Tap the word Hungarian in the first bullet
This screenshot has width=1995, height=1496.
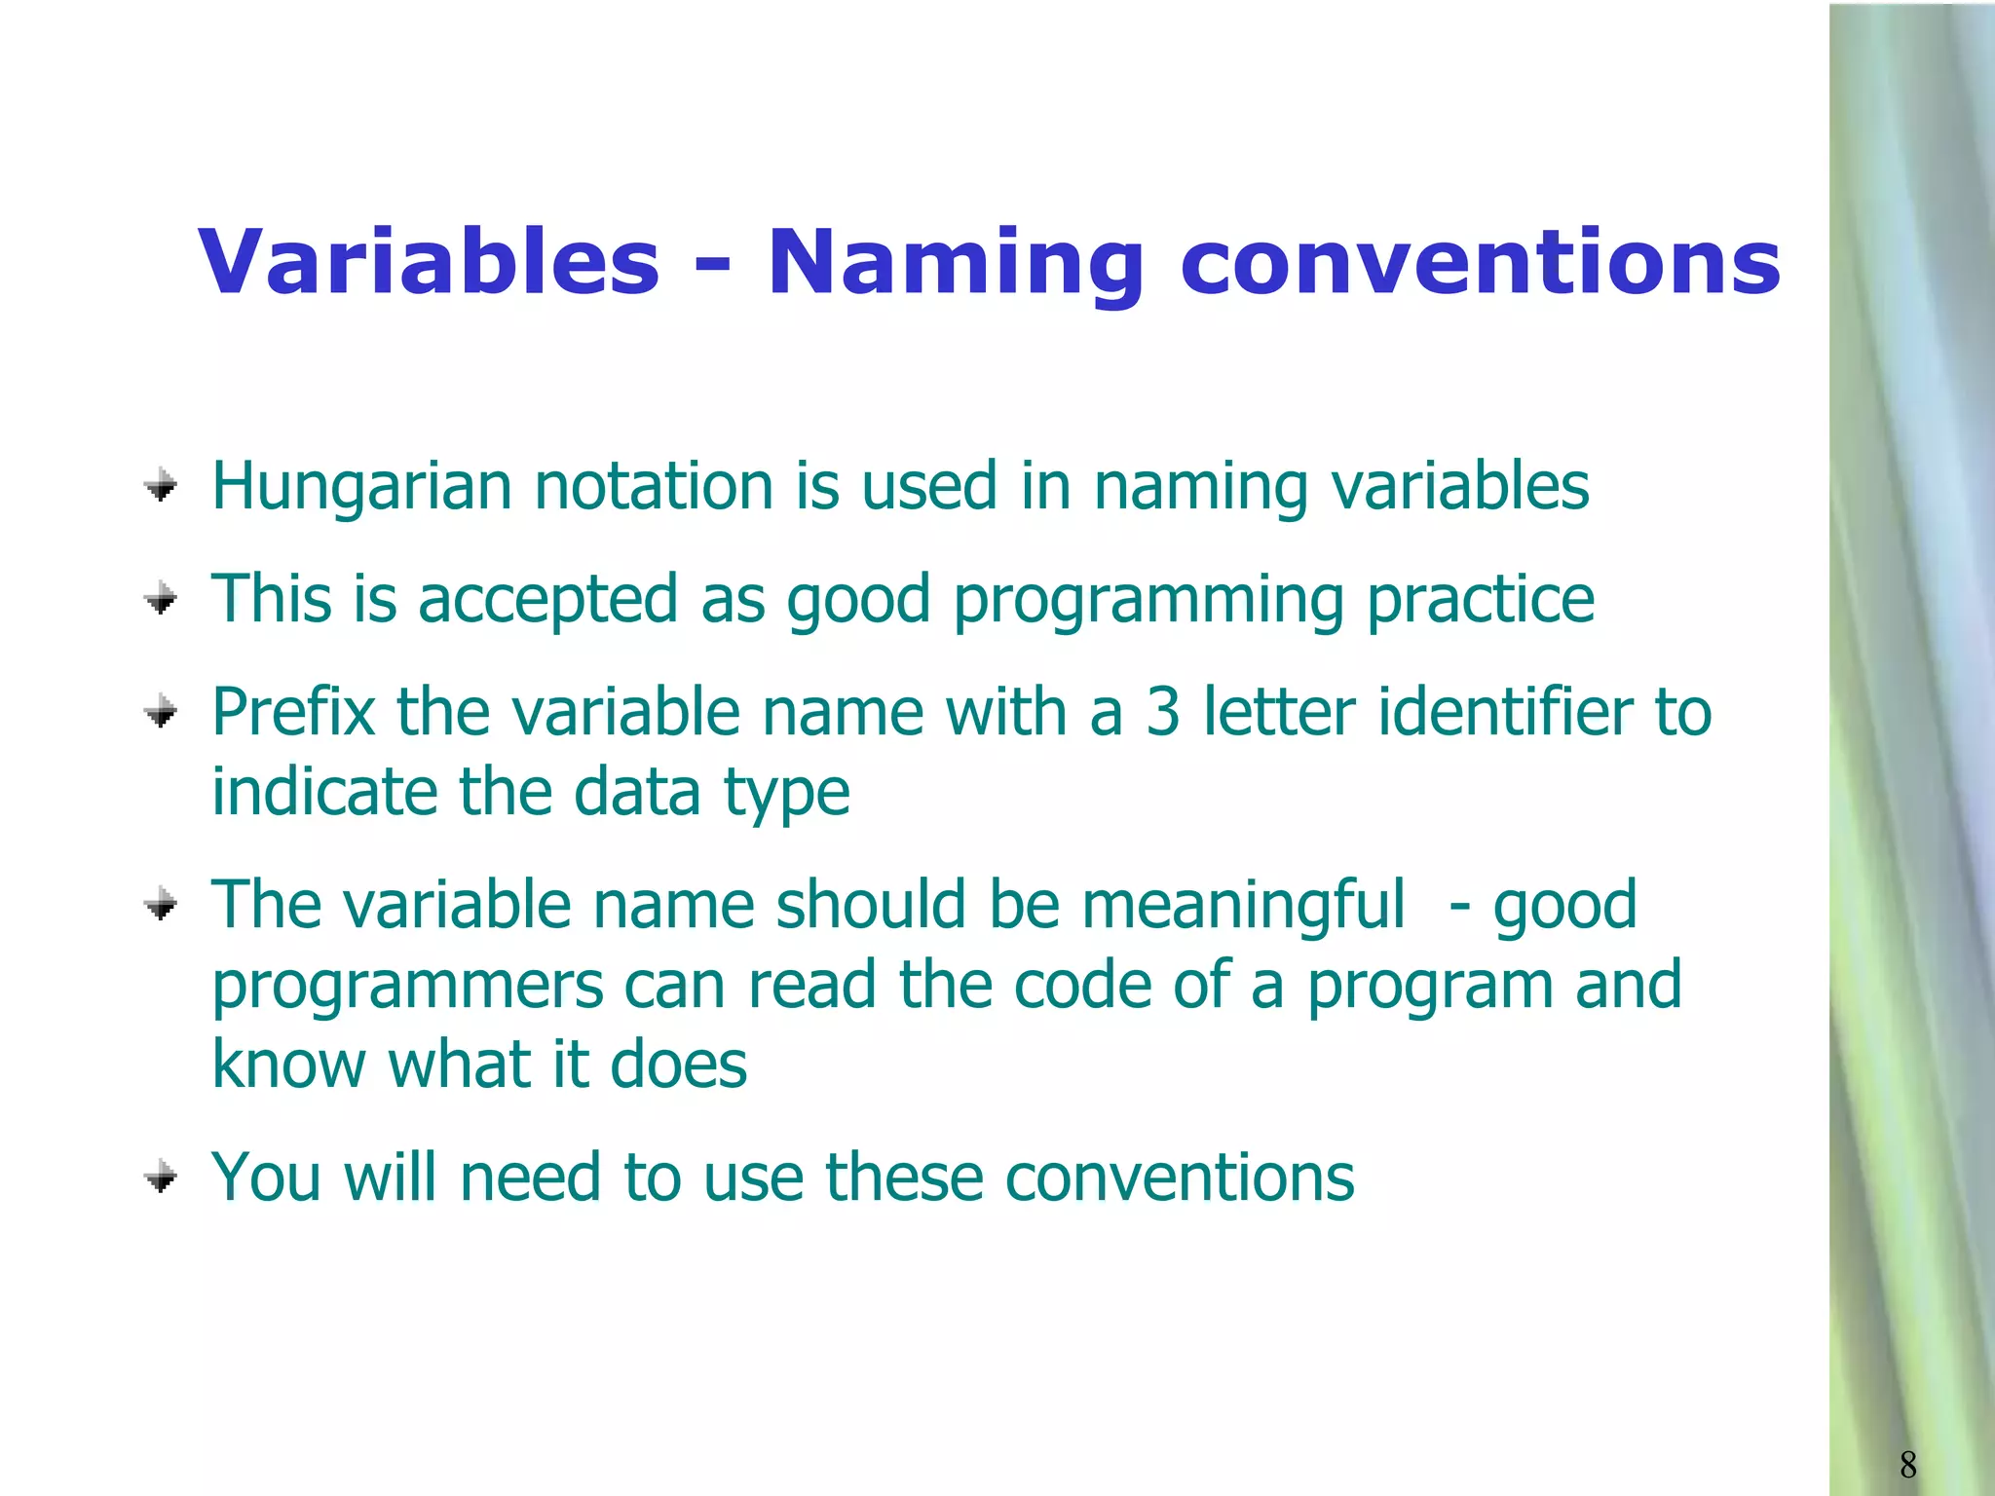[x=361, y=487]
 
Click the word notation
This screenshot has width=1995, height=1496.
[x=654, y=486]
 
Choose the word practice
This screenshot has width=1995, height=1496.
[x=1481, y=600]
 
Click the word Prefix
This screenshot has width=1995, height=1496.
[x=293, y=712]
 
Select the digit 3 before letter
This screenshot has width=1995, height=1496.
[x=1162, y=712]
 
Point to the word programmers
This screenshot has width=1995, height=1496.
[x=408, y=987]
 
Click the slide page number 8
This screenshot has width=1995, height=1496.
[x=1907, y=1464]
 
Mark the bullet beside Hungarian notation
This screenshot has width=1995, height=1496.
[x=161, y=485]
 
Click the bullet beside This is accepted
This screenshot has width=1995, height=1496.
[x=161, y=598]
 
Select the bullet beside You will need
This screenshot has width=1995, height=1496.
[x=161, y=1178]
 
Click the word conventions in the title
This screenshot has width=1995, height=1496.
[x=1480, y=263]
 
